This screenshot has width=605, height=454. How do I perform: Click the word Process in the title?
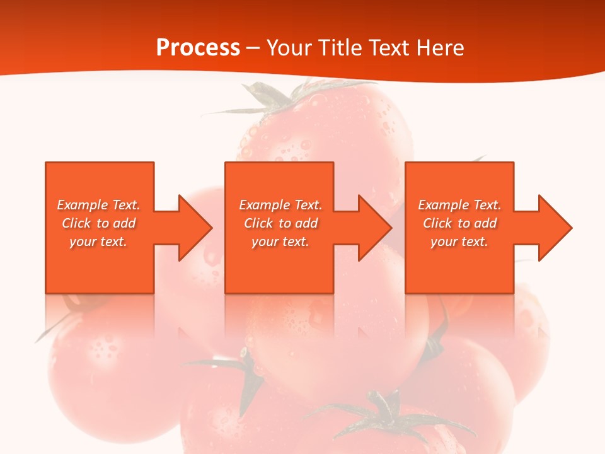[x=198, y=48]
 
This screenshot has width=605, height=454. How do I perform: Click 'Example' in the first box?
[x=83, y=205]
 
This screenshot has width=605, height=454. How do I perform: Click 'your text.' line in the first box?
[x=98, y=242]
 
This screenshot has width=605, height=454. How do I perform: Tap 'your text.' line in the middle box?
[x=280, y=242]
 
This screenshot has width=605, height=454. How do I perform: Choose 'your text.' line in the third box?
[x=459, y=242]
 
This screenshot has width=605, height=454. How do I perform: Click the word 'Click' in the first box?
[x=76, y=223]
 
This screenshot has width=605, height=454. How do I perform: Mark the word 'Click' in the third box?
[x=437, y=223]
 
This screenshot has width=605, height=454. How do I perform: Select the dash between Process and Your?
[x=253, y=48]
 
